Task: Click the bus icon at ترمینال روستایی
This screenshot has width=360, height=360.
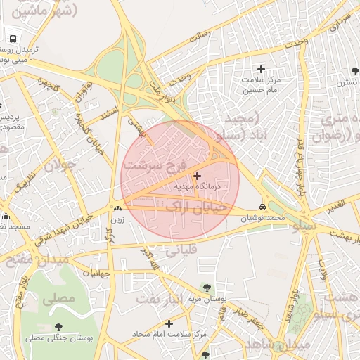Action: coord(13,39)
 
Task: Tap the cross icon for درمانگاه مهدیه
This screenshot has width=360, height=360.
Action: coord(196,176)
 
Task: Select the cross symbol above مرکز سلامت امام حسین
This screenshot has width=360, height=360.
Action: coord(262,69)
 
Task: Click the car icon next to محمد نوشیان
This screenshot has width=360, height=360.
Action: coord(262,207)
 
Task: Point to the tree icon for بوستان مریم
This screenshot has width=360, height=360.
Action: coord(206,287)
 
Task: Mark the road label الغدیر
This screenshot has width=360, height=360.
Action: coord(334,205)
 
